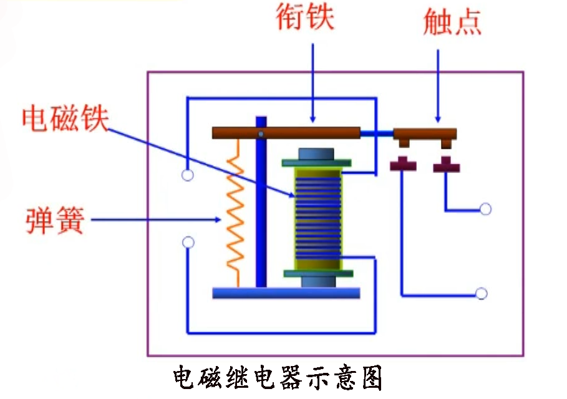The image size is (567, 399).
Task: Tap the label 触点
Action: click(452, 22)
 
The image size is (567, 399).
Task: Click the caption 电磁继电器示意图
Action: click(277, 378)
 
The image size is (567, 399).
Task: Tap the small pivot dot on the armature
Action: click(261, 133)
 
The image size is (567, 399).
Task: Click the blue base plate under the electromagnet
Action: click(286, 293)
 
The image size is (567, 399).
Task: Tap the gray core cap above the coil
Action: click(316, 154)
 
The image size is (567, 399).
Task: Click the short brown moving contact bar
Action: click(425, 133)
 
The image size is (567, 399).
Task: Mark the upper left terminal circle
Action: click(187, 175)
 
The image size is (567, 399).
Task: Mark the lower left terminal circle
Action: click(187, 243)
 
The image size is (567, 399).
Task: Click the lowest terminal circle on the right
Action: click(481, 294)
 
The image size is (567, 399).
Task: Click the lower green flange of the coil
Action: click(318, 273)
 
